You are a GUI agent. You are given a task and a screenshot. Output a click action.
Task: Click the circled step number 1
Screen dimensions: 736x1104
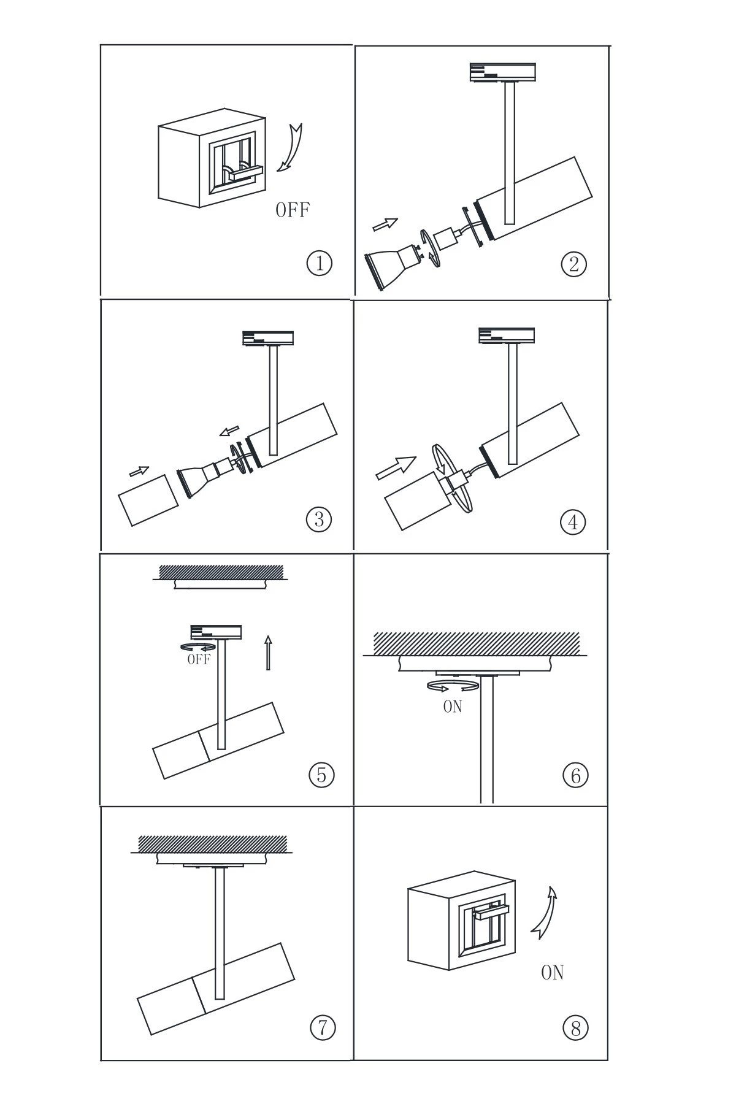click(319, 263)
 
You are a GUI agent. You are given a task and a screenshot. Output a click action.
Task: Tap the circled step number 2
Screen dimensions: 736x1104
click(573, 264)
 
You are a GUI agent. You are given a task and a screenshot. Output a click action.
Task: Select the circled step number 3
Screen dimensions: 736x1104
click(318, 519)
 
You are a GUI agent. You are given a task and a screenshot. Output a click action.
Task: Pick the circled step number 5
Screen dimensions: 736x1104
click(321, 775)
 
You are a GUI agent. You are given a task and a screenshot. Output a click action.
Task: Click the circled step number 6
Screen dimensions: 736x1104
click(575, 776)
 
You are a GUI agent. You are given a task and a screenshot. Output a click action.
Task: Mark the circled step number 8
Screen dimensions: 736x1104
click(575, 1028)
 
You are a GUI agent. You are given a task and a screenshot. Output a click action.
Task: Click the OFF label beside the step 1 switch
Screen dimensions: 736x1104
click(293, 210)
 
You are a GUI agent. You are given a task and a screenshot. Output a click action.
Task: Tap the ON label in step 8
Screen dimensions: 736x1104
click(552, 972)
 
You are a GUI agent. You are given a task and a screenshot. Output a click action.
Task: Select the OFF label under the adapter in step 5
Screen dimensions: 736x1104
click(199, 659)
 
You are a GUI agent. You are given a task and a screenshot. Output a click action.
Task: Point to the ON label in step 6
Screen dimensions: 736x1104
click(453, 707)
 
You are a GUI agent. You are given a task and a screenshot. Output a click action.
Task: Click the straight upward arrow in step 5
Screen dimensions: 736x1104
click(267, 653)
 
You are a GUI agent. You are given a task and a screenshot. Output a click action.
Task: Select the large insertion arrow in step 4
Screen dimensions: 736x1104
click(396, 468)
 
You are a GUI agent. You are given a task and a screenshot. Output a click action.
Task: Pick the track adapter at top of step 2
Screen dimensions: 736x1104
click(503, 72)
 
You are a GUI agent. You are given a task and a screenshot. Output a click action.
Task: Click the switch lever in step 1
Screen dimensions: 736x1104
click(246, 173)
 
